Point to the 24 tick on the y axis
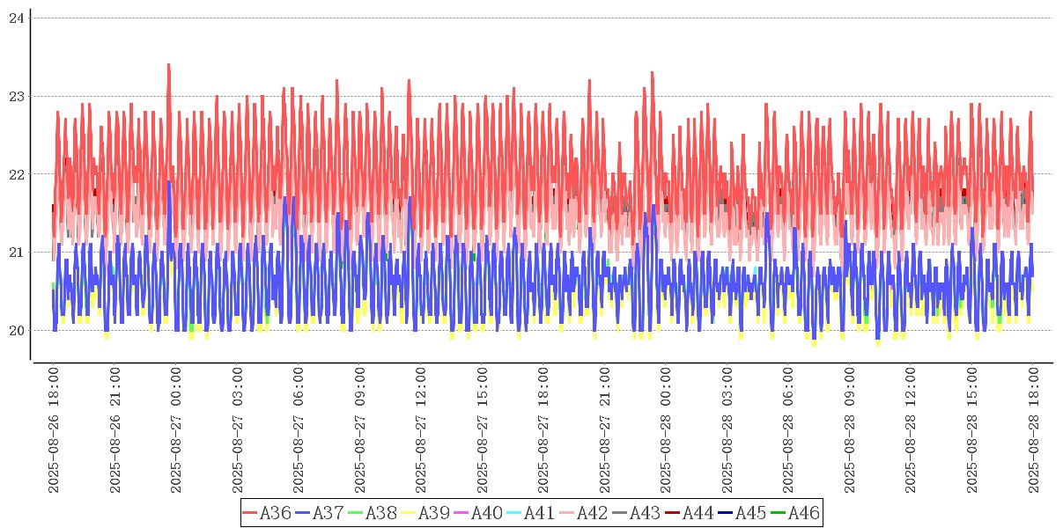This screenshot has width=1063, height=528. pos(16,18)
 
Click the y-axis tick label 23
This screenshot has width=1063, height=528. pos(16,96)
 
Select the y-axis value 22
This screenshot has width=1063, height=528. pos(16,174)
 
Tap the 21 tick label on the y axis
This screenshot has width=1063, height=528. pos(16,253)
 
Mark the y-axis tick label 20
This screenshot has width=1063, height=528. pos(16,331)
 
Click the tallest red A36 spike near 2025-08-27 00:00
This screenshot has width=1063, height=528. pos(168,65)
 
